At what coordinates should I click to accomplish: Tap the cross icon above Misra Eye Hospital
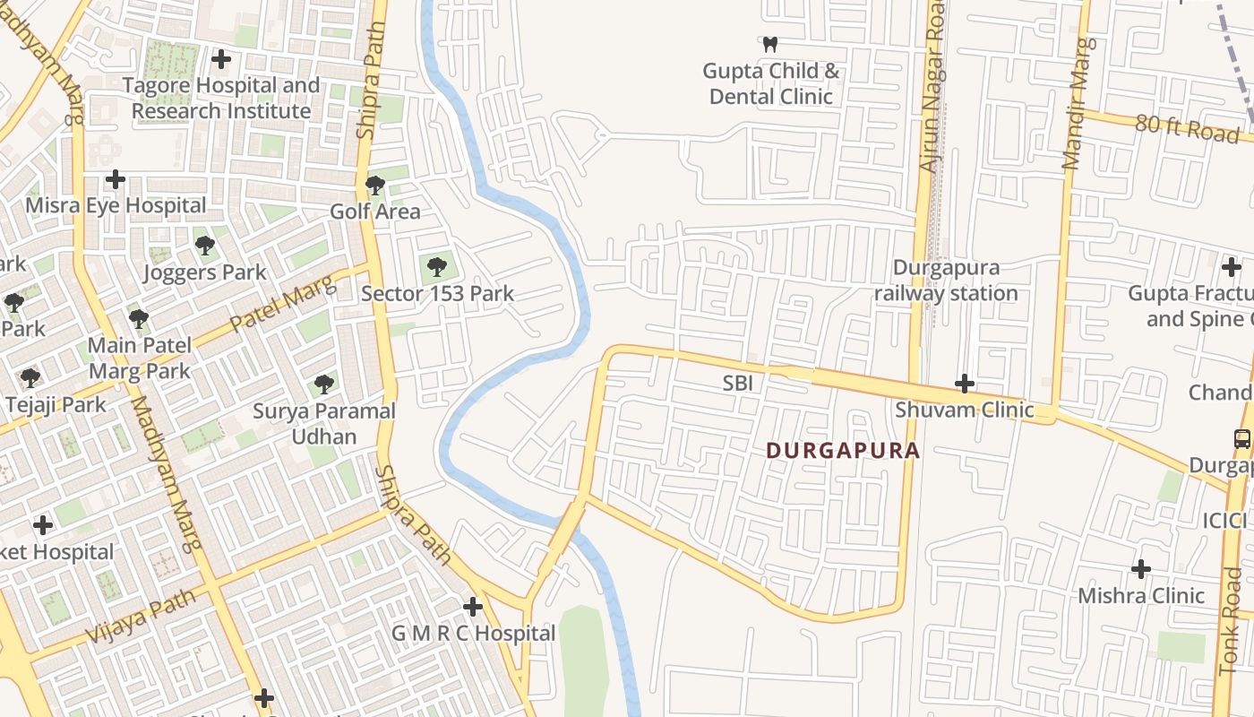coord(116,179)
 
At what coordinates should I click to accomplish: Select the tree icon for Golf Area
coord(375,186)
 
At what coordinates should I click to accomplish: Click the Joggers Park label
coord(205,272)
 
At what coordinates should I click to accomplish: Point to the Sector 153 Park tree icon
coord(437,266)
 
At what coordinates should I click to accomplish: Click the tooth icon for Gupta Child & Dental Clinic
coord(769,44)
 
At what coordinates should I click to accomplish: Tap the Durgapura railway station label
coord(946,281)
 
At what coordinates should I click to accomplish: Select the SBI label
coord(737,384)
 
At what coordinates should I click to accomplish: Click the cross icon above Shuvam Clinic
coord(964,384)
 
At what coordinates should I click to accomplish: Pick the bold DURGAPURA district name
coord(843,451)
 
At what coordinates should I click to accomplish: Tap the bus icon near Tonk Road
coord(1241,439)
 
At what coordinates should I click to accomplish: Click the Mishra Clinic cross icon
coord(1140,569)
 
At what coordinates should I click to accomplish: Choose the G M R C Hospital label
coord(473,634)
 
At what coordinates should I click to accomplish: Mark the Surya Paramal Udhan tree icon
coord(324,384)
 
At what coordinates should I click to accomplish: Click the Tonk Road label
coord(1233,632)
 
